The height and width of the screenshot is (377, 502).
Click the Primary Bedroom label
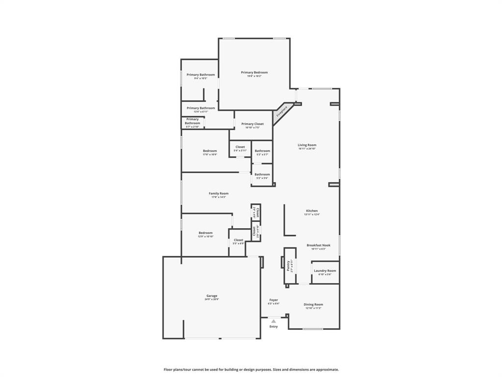254,73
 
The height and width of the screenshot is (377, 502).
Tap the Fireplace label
282,111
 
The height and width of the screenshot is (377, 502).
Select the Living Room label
307,145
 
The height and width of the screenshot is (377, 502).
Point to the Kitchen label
312,211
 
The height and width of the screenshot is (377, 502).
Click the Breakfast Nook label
318,245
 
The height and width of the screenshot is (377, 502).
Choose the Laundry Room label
325,270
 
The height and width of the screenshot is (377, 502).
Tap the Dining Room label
313,304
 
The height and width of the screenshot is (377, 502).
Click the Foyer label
273,300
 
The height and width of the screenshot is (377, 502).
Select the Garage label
211,296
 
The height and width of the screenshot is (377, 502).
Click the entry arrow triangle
273,321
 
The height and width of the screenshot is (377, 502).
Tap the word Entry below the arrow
273,326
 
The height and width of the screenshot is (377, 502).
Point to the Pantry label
288,265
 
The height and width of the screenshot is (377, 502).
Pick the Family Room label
218,193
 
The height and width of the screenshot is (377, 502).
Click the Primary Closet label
252,124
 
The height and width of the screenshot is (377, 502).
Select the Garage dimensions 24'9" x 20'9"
211,299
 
